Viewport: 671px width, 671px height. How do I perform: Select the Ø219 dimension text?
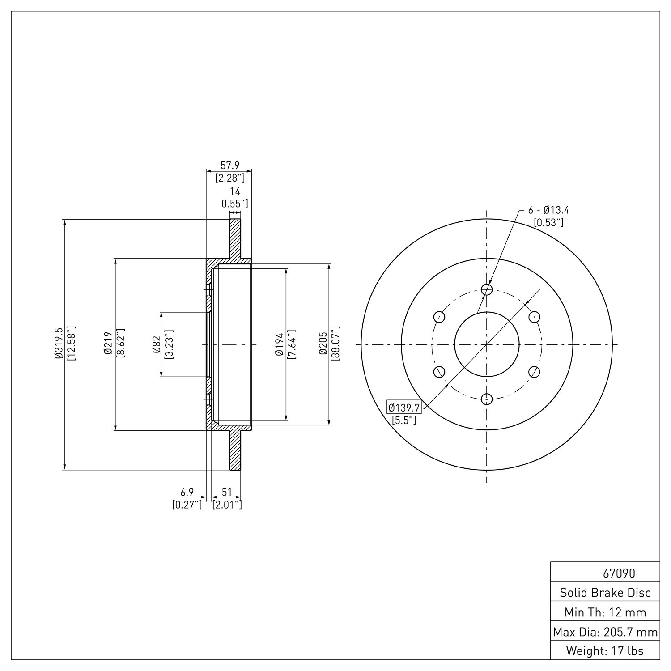point(107,344)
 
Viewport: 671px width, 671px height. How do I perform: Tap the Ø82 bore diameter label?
point(157,344)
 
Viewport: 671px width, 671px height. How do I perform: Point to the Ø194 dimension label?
point(280,344)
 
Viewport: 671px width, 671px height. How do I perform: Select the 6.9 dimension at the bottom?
point(187,492)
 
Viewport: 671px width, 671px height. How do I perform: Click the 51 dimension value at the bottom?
point(227,492)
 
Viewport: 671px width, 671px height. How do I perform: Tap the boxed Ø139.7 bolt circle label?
point(404,408)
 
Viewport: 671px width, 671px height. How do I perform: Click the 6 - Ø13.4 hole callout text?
point(548,210)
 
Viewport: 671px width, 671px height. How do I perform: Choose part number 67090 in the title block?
point(619,573)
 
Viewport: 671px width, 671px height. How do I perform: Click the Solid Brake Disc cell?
point(605,593)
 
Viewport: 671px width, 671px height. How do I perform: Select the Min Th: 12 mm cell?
point(605,612)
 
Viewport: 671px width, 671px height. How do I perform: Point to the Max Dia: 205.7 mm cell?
point(605,632)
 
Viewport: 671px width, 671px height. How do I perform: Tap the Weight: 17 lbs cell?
point(605,650)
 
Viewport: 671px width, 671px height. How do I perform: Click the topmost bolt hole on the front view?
point(487,289)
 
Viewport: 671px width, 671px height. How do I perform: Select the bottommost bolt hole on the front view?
point(487,399)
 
